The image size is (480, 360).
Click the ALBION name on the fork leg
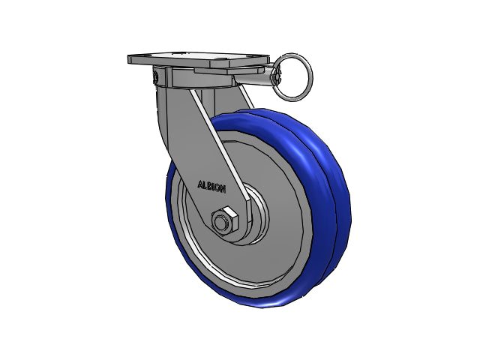pyautogui.click(x=211, y=187)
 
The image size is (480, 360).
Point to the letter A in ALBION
pyautogui.click(x=200, y=184)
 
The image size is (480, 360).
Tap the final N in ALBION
pyautogui.click(x=223, y=189)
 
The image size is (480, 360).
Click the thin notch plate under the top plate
pyautogui.click(x=229, y=70)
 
